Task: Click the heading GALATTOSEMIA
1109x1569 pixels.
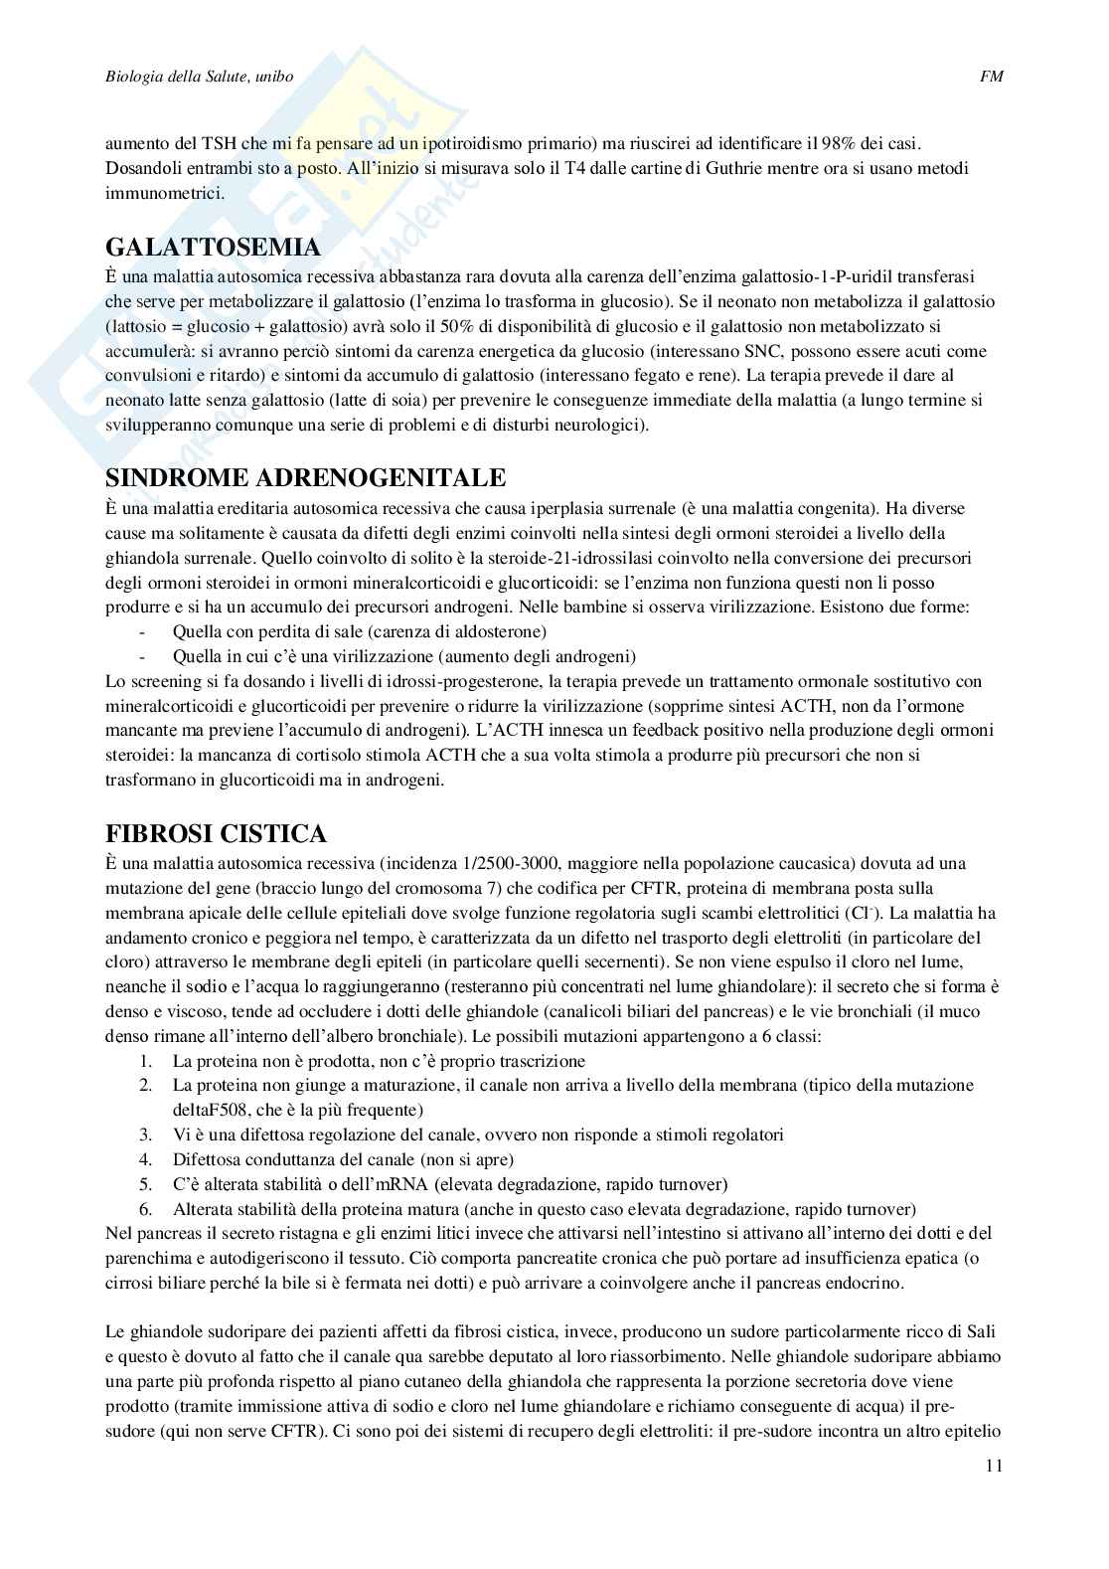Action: coord(213,247)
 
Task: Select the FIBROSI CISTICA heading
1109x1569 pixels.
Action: coord(216,832)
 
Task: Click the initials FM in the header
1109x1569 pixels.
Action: coord(992,77)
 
